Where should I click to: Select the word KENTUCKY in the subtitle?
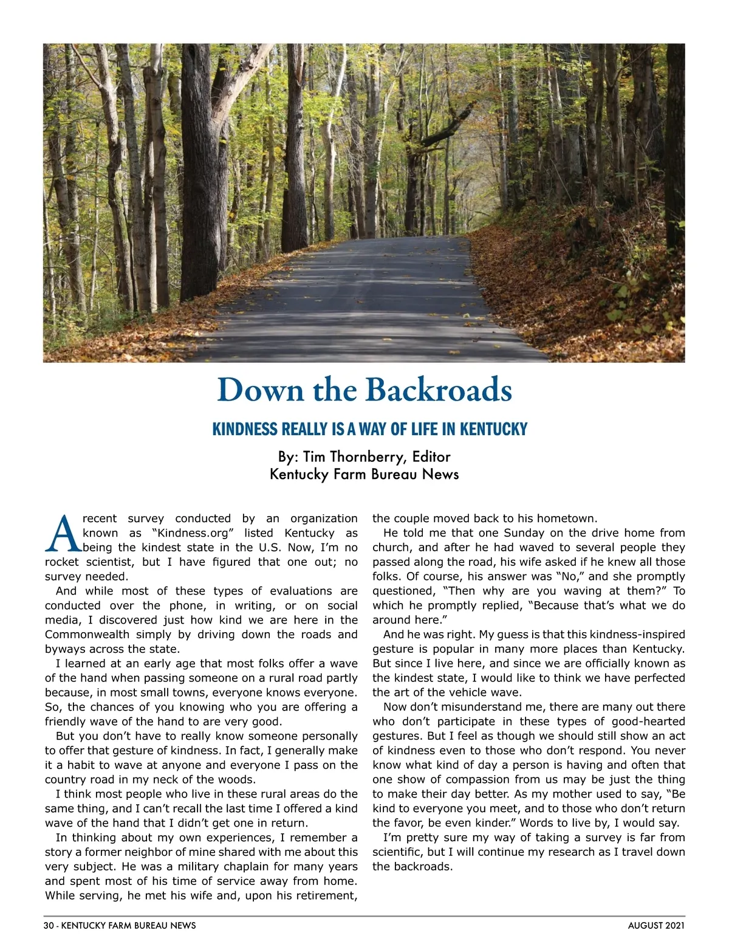[493, 430]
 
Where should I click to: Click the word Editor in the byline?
[431, 456]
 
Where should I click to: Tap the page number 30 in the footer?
[49, 926]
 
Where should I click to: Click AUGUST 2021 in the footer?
[656, 926]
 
